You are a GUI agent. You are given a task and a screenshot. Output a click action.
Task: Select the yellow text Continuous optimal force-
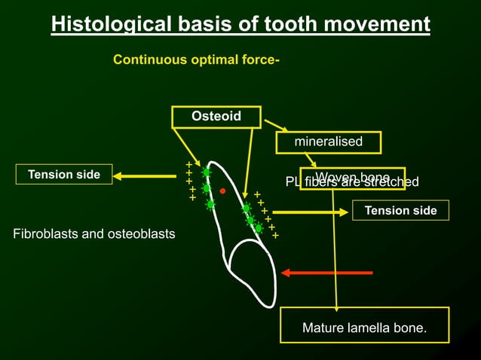[x=196, y=59]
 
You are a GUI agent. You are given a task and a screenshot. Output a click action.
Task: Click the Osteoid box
[x=216, y=117]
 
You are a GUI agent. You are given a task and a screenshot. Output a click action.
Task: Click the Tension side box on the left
[x=64, y=175]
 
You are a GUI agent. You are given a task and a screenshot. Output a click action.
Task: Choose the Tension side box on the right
[x=400, y=210]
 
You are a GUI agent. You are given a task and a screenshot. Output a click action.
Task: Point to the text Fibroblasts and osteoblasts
[x=94, y=234]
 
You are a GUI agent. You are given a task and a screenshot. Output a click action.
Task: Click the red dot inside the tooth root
[x=223, y=191]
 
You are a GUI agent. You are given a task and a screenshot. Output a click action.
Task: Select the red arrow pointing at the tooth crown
[x=326, y=273]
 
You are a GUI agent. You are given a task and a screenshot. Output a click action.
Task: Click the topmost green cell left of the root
[x=207, y=172]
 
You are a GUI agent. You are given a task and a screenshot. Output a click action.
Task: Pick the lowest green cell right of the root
[x=259, y=227]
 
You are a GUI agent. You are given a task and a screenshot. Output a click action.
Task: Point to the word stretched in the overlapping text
[x=392, y=182]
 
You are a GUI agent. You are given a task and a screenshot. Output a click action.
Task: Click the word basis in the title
[x=204, y=25]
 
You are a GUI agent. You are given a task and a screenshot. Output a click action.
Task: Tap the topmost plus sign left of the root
[x=188, y=164]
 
